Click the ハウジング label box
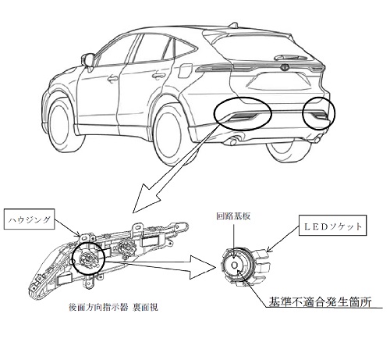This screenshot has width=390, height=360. pyautogui.click(x=29, y=219)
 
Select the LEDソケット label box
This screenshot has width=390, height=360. pyautogui.click(x=332, y=225)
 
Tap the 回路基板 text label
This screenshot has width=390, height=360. pyautogui.click(x=233, y=216)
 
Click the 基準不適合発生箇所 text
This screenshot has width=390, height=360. pyautogui.click(x=320, y=302)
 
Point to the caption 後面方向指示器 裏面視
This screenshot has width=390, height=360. pyautogui.click(x=113, y=308)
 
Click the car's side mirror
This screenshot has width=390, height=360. pyautogui.click(x=88, y=61)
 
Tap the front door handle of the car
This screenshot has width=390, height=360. pyautogui.click(x=112, y=78)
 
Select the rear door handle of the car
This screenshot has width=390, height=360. pyautogui.click(x=158, y=76)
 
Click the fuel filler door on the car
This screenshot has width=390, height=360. pyautogui.click(x=185, y=70)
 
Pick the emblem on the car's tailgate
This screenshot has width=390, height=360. pyautogui.click(x=285, y=67)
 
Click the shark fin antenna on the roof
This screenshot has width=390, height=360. pyautogui.click(x=234, y=25)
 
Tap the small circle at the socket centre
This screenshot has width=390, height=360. pyautogui.click(x=235, y=265)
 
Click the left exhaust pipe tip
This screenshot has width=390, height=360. pyautogui.click(x=232, y=142)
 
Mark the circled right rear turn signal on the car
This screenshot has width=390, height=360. pyautogui.click(x=320, y=113)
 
